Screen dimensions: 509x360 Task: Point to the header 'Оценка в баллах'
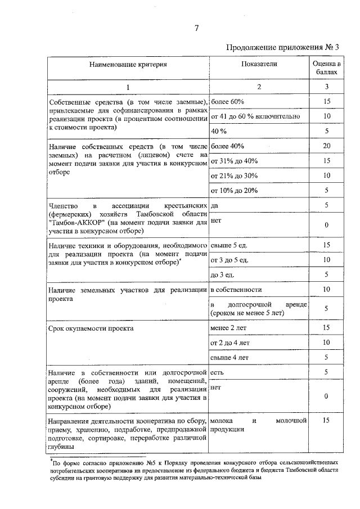click(x=327, y=68)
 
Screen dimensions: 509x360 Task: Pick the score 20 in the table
click(x=327, y=146)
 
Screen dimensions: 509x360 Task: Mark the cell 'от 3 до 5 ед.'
click(x=229, y=260)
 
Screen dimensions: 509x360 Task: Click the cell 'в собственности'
click(x=236, y=289)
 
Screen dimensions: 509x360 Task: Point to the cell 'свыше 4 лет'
click(x=229, y=357)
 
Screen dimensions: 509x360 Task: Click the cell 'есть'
click(x=217, y=372)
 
